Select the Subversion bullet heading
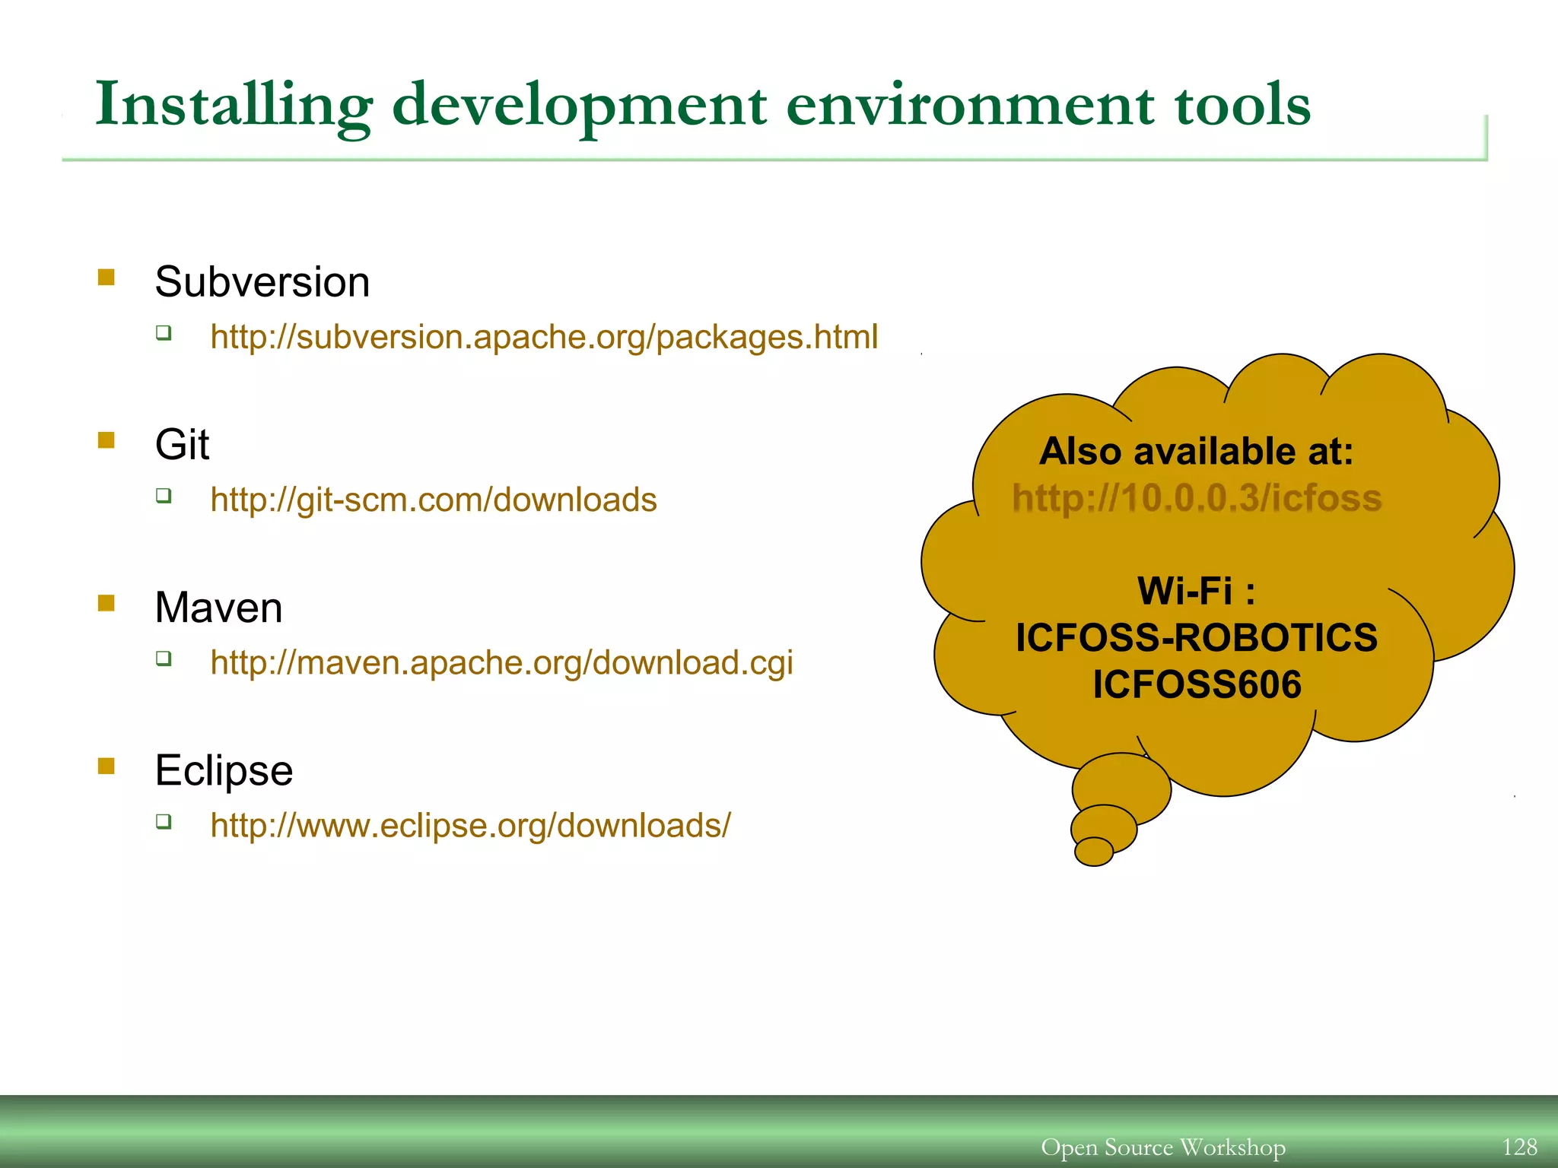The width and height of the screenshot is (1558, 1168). (262, 282)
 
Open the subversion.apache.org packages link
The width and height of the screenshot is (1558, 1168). (544, 337)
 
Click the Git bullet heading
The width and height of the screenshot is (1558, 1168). (182, 445)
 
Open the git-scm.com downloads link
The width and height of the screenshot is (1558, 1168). (433, 500)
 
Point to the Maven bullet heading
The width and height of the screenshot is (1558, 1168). (218, 608)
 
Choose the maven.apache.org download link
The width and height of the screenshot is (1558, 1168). (501, 663)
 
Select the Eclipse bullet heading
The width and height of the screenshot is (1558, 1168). (224, 770)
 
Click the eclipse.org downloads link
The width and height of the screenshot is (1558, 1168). (470, 826)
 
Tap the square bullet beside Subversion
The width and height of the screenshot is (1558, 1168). (107, 277)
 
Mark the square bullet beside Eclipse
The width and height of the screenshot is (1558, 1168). (107, 766)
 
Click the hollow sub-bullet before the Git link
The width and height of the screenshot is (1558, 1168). (164, 496)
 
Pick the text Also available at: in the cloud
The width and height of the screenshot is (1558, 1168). (1197, 452)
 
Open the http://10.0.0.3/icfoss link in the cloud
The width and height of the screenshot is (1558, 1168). (1197, 499)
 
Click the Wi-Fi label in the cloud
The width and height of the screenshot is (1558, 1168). (1197, 591)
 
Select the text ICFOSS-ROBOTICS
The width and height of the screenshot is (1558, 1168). (1197, 638)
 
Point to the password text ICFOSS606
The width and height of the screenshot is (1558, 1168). (1197, 684)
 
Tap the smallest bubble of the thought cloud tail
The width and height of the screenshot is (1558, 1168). (1094, 852)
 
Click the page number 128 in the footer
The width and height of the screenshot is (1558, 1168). (1519, 1147)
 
